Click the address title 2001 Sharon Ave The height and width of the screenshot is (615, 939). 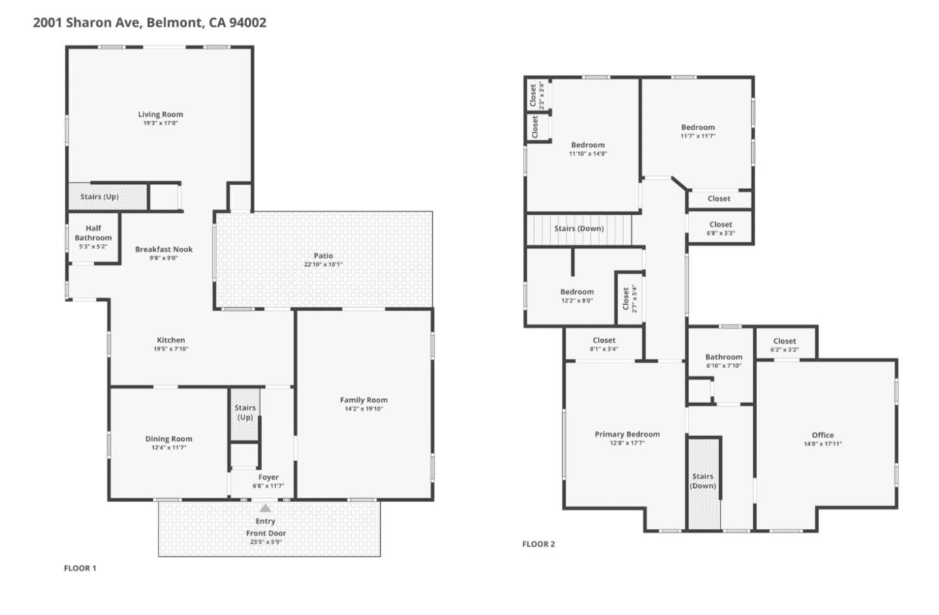[149, 22]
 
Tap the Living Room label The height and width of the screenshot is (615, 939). [160, 114]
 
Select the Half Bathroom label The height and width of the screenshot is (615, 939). [93, 233]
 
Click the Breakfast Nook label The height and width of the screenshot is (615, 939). [164, 249]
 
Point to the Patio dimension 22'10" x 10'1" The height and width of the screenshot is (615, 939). [323, 265]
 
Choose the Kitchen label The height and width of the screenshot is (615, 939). [171, 340]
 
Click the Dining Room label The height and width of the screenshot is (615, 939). [168, 439]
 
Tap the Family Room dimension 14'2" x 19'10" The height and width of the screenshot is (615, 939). [363, 409]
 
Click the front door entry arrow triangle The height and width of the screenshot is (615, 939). [265, 508]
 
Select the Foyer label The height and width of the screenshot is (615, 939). [268, 477]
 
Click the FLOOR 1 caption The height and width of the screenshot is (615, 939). [80, 568]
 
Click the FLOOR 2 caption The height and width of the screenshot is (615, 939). [539, 544]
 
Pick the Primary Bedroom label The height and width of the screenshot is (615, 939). [627, 434]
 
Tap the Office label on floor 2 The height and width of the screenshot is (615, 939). [822, 435]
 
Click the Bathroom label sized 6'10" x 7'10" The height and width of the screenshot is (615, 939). [723, 357]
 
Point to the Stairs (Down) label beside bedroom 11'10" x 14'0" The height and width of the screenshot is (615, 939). [578, 228]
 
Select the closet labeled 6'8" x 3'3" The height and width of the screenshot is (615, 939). [721, 224]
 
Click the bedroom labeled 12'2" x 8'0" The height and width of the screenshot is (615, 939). [576, 292]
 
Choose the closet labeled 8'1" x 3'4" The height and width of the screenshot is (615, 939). [604, 340]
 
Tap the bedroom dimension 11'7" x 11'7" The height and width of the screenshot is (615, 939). [698, 136]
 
